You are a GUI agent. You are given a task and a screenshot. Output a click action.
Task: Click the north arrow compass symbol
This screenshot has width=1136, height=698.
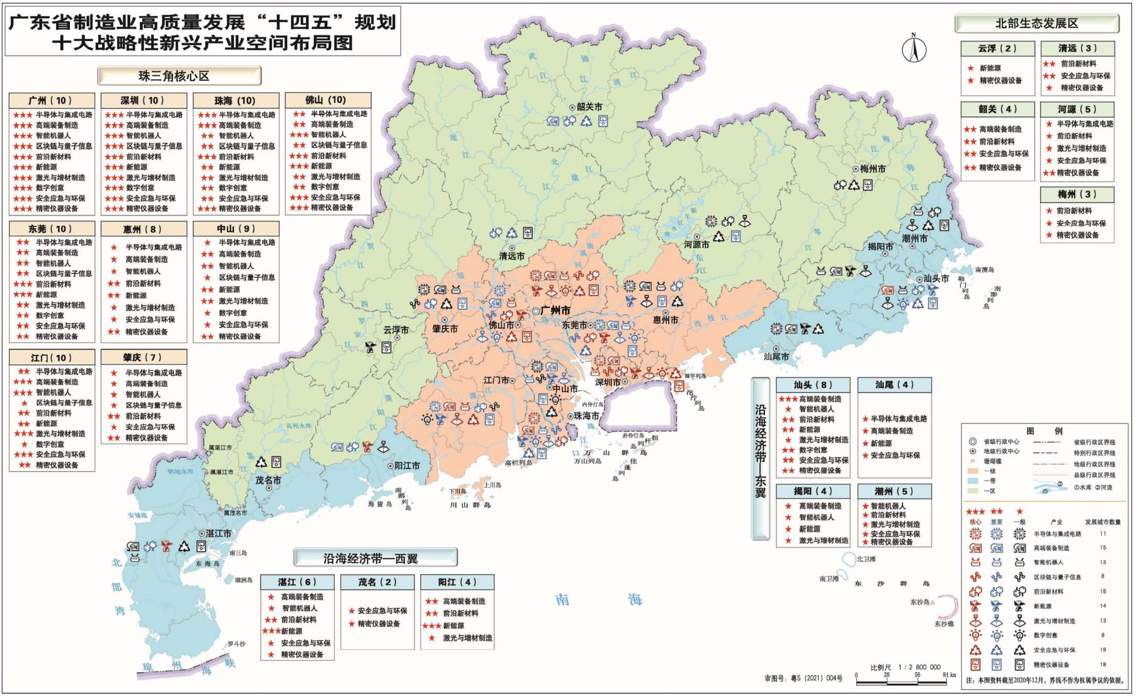tap(914, 49)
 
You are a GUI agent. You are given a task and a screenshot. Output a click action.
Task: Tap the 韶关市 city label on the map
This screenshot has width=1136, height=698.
tap(589, 107)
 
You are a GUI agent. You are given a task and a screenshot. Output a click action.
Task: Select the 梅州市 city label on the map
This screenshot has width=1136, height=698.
tap(872, 169)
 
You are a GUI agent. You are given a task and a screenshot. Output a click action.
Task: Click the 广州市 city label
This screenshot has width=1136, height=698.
tap(555, 311)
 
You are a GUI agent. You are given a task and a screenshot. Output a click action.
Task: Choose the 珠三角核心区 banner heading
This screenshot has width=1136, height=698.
tap(179, 76)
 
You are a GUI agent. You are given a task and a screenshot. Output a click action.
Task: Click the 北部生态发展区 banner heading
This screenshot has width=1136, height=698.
tap(1036, 24)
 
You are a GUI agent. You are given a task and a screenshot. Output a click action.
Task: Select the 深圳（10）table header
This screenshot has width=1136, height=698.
tap(143, 100)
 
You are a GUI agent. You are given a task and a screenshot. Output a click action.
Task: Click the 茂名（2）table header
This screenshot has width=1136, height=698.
tap(377, 582)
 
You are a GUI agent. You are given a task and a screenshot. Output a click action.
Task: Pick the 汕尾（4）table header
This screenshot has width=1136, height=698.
tap(894, 385)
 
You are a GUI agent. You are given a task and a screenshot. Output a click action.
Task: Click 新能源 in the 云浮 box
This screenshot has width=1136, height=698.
tap(990, 68)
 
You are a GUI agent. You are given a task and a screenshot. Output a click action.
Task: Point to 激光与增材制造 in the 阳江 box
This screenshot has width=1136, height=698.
tap(467, 638)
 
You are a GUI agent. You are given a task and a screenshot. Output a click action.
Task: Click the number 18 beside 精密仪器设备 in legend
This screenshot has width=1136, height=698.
tap(1103, 665)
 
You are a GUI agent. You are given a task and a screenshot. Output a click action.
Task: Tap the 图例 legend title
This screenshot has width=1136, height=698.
tap(1044, 431)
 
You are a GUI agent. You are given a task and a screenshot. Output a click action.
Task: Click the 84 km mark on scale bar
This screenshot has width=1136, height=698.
tap(949, 675)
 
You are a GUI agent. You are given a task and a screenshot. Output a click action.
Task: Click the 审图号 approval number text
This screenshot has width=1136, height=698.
tap(804, 678)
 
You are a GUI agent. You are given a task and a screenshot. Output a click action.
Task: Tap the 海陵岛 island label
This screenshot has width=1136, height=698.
tap(380, 504)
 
